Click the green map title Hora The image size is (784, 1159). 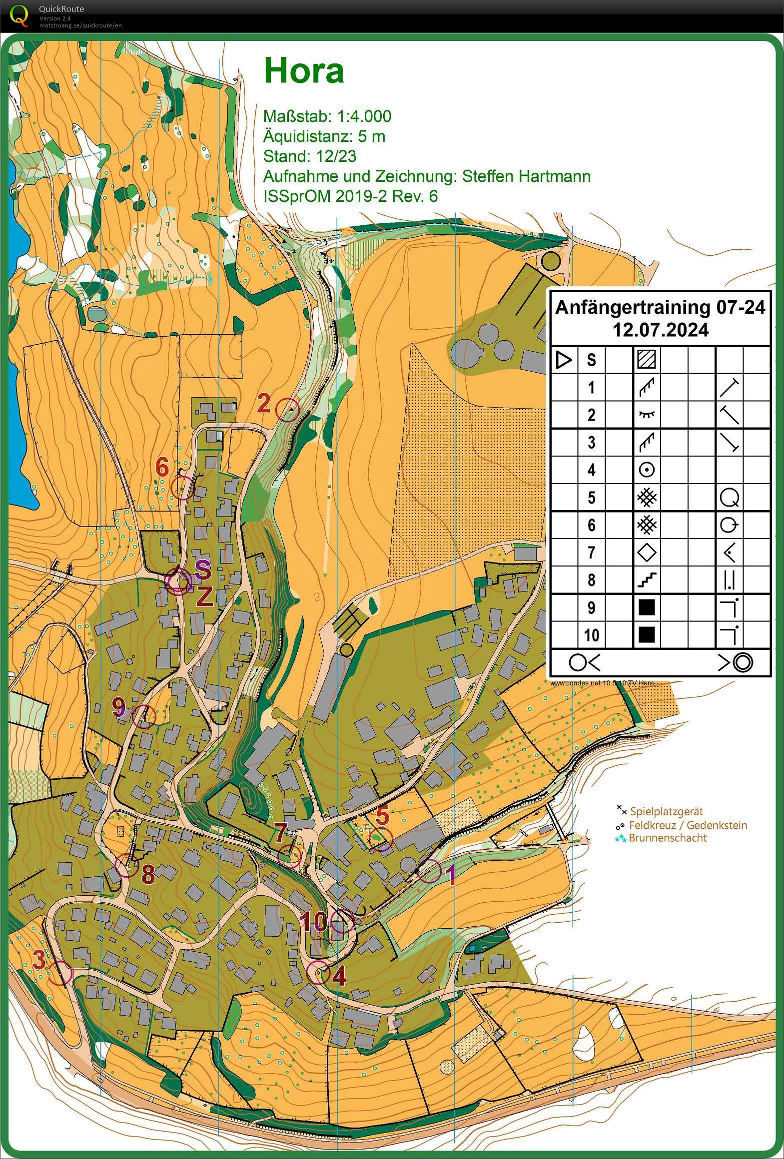(x=304, y=70)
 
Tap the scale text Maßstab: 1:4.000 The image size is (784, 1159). (x=327, y=116)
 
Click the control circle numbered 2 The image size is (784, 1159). (x=288, y=410)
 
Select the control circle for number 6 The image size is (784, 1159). (x=182, y=487)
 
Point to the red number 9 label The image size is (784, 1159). (x=118, y=706)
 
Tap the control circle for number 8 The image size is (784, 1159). (x=127, y=865)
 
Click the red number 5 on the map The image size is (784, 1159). (x=382, y=816)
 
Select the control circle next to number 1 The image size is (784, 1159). (x=430, y=871)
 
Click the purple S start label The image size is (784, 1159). (x=202, y=569)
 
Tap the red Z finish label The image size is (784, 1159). (x=204, y=596)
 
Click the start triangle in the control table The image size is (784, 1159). (x=564, y=360)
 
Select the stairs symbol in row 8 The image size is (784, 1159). (x=647, y=580)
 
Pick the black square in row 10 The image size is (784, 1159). (x=647, y=635)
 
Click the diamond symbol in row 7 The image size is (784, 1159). (x=647, y=553)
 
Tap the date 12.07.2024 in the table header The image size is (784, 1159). (x=660, y=330)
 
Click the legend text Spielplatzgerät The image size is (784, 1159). (x=666, y=812)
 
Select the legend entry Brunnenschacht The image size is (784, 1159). (x=668, y=838)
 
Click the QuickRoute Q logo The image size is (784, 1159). (x=19, y=15)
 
